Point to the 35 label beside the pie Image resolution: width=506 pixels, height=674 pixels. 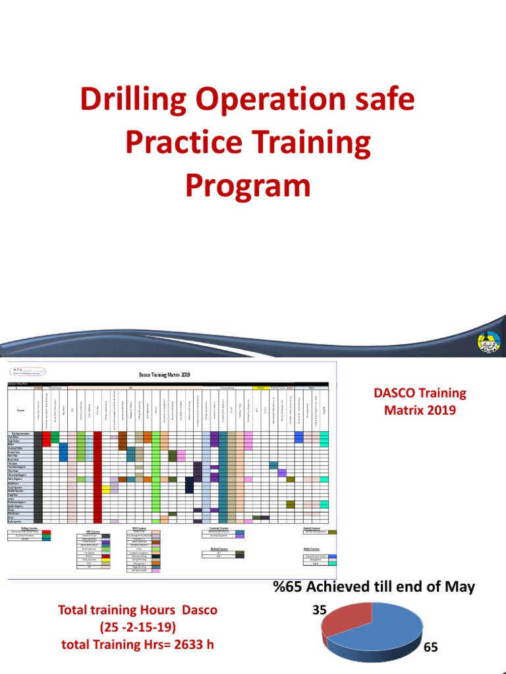[320, 609]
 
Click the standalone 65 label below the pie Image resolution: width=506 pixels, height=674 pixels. [430, 648]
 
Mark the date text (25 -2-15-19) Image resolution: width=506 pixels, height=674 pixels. [137, 627]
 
